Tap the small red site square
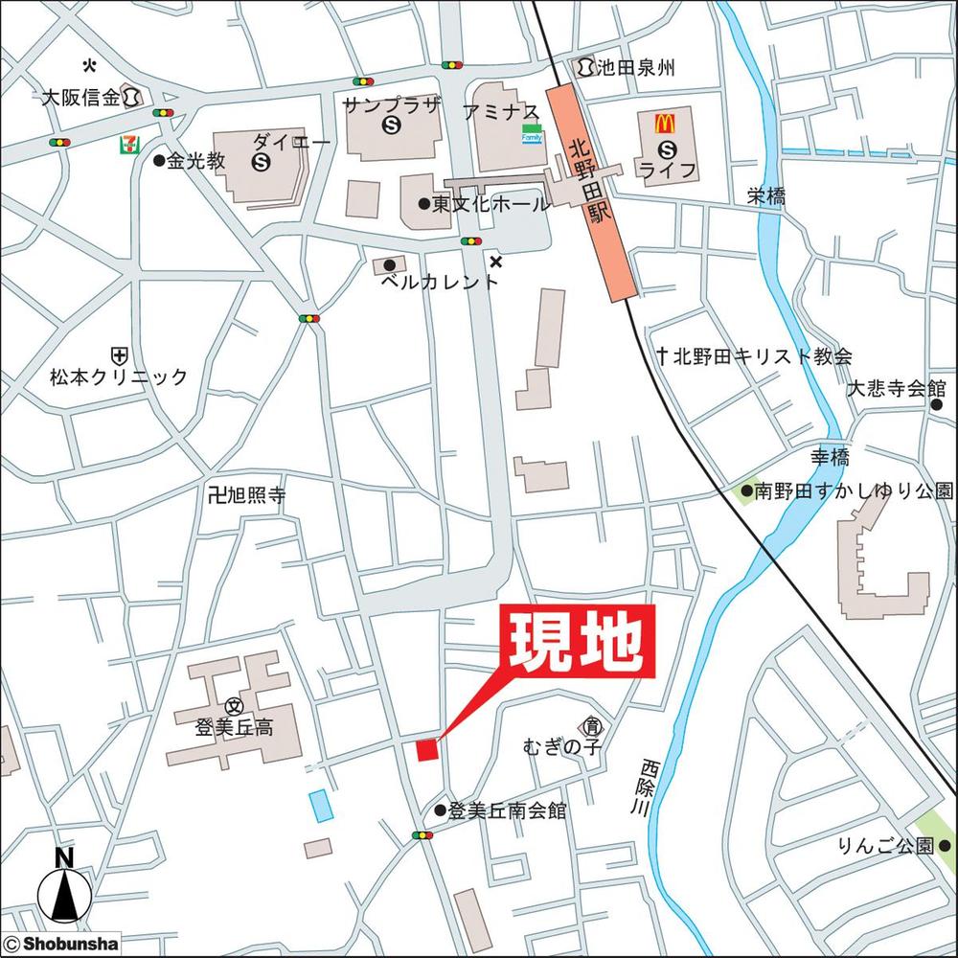click(426, 749)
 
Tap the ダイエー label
click(291, 143)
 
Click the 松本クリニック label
click(120, 376)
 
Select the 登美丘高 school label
click(234, 727)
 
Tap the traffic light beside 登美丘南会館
click(422, 835)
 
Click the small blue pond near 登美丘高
click(320, 805)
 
